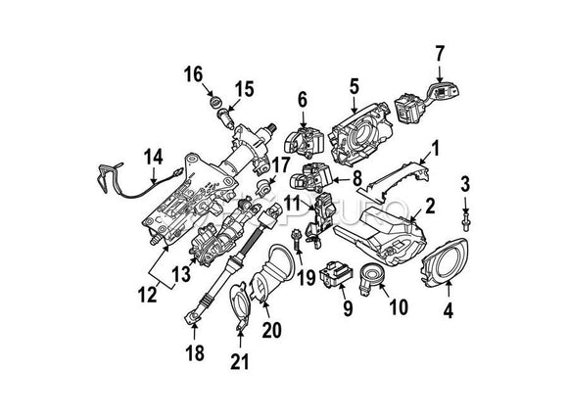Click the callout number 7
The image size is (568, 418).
(x=440, y=52)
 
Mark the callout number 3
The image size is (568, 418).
(x=465, y=182)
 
